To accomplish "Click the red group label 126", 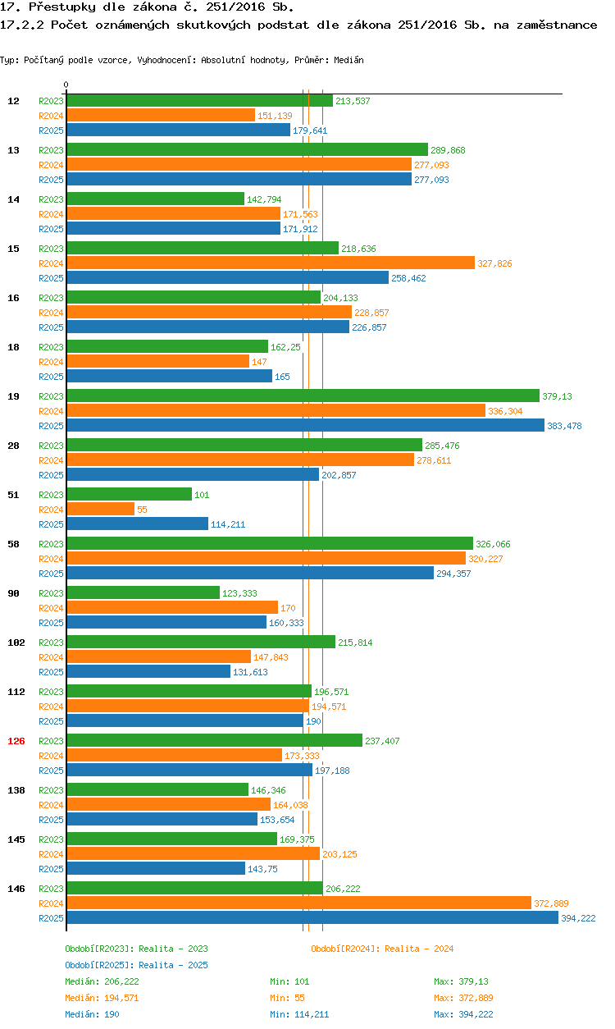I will (16, 741).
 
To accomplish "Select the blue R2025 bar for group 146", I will (312, 918).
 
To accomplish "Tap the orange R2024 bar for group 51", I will (100, 510).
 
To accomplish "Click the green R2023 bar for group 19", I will (303, 396).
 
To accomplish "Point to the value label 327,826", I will (494, 263).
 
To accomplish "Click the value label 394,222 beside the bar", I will (578, 918).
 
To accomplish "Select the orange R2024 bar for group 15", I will (271, 263).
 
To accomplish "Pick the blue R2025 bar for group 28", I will (193, 475).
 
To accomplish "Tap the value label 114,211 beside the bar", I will (228, 524).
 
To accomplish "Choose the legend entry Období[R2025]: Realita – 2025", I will (136, 965).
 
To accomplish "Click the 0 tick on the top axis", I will (66, 85).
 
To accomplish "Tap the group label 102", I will (16, 643).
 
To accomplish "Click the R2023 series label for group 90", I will (51, 593).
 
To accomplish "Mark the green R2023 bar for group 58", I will (270, 544).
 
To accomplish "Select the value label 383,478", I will (564, 426).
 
